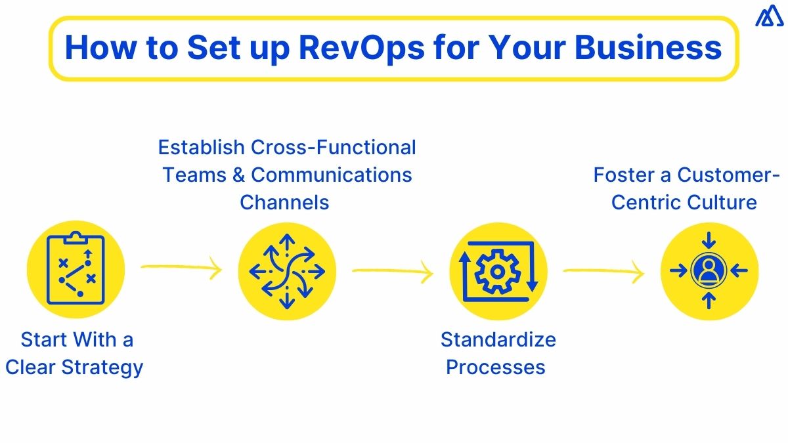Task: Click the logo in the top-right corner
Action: (x=766, y=18)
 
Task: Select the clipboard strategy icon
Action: (x=76, y=270)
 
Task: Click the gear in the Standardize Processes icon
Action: (x=497, y=270)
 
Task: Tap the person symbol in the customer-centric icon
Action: (x=709, y=270)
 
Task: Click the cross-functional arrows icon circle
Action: (x=286, y=270)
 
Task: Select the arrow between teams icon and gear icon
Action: (x=393, y=271)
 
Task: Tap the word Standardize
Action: (x=498, y=339)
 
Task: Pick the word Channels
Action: (x=284, y=201)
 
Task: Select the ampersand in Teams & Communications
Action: (x=240, y=175)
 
